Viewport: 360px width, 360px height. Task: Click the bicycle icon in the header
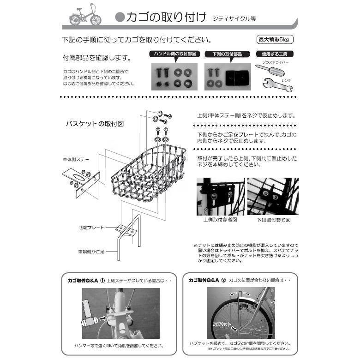tap(85, 17)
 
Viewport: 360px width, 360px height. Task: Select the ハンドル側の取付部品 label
tap(174, 54)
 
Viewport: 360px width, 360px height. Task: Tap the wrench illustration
tap(271, 83)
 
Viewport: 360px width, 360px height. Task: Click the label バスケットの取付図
tap(94, 124)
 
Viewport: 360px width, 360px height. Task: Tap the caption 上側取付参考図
tap(220, 220)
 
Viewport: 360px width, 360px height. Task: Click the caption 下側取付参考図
tap(274, 220)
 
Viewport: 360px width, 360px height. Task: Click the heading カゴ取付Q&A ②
tap(207, 280)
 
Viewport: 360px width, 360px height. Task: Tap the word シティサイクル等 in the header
tap(234, 19)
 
